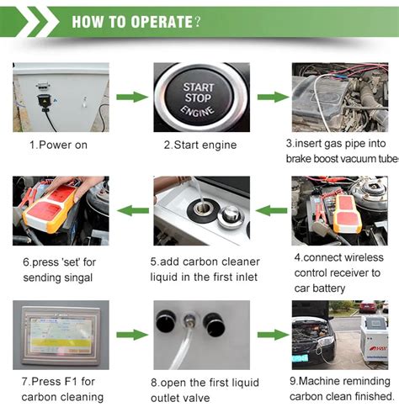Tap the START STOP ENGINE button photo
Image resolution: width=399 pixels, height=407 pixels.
tap(200, 98)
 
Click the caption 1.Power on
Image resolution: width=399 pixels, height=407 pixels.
tap(58, 145)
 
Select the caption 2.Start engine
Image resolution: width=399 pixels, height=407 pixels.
tap(200, 145)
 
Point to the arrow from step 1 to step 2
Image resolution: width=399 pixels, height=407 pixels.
tap(129, 98)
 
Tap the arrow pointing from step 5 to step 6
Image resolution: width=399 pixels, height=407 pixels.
tap(129, 211)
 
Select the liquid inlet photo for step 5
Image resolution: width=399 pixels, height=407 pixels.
tap(200, 210)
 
